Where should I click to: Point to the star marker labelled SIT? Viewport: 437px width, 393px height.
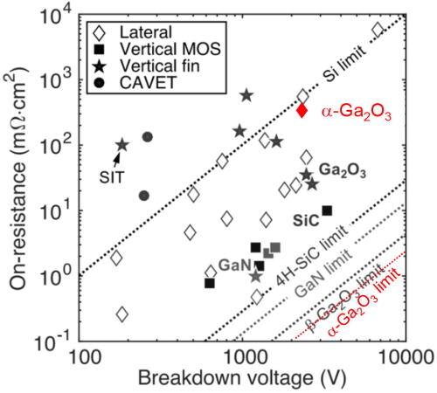[x=121, y=145]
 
